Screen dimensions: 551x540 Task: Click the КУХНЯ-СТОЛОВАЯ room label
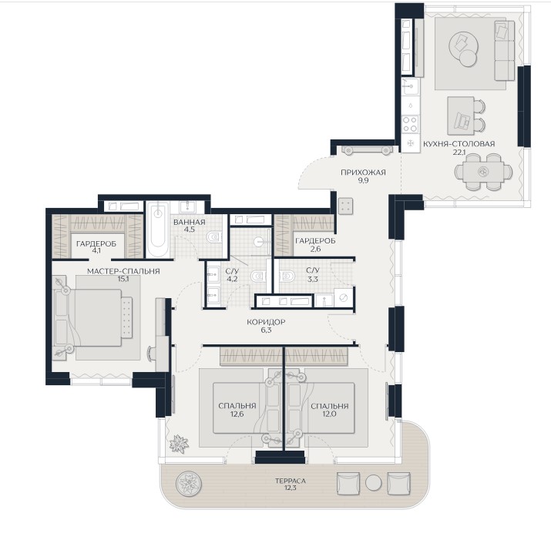(459, 144)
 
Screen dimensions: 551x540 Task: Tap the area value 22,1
(459, 152)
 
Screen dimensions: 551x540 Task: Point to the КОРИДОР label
(266, 321)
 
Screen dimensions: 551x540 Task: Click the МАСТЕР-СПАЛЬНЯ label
(123, 271)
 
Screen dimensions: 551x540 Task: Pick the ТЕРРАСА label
(291, 481)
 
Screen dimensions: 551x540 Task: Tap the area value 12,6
(237, 414)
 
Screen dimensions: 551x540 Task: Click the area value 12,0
(330, 414)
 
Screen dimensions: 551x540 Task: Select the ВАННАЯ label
(189, 222)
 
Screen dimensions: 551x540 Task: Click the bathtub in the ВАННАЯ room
(158, 229)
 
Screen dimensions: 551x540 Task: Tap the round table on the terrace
(373, 483)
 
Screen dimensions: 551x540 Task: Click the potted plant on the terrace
(189, 484)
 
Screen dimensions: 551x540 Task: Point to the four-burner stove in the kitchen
(410, 124)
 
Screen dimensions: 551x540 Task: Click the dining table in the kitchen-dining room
(483, 172)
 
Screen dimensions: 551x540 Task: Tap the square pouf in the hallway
(345, 206)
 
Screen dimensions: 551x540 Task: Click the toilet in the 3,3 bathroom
(287, 275)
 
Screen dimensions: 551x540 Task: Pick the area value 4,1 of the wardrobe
(96, 251)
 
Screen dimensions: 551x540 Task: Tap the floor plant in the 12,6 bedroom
(179, 444)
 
